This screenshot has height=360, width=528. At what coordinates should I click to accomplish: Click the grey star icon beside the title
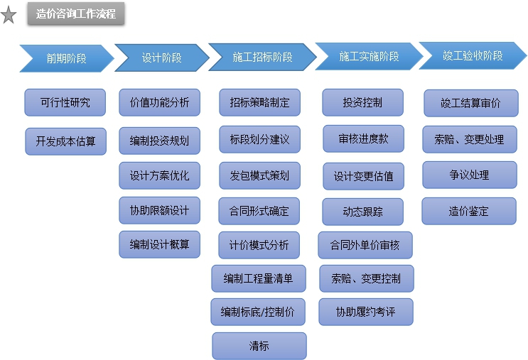(x=9, y=16)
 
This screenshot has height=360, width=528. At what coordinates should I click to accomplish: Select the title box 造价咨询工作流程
(x=76, y=14)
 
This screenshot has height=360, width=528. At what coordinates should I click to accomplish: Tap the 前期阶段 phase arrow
(x=66, y=58)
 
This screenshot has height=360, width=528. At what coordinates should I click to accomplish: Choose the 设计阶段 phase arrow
(x=161, y=58)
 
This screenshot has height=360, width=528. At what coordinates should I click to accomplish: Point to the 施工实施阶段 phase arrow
(x=368, y=57)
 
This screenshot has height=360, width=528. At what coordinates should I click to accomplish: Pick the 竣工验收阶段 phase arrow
(x=472, y=55)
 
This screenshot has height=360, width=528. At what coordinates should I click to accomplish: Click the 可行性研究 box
(x=65, y=102)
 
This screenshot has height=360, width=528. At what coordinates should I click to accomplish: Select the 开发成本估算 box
(x=65, y=141)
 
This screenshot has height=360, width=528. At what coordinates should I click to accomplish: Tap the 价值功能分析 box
(x=159, y=102)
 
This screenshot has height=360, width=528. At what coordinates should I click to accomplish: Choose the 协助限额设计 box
(x=159, y=210)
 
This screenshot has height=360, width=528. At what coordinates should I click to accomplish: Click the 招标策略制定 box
(x=259, y=102)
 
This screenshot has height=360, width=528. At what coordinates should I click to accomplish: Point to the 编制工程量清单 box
(x=259, y=278)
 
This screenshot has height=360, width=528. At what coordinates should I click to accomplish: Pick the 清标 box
(x=259, y=346)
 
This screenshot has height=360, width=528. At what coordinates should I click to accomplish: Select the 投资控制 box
(x=362, y=102)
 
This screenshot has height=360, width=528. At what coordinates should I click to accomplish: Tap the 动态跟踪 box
(x=362, y=212)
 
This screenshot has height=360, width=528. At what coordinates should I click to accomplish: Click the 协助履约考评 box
(x=365, y=312)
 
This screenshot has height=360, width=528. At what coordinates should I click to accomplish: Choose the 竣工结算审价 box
(x=470, y=103)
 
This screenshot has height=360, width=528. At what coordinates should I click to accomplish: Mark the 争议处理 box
(x=469, y=175)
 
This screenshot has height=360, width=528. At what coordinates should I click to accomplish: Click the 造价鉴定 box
(x=469, y=211)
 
